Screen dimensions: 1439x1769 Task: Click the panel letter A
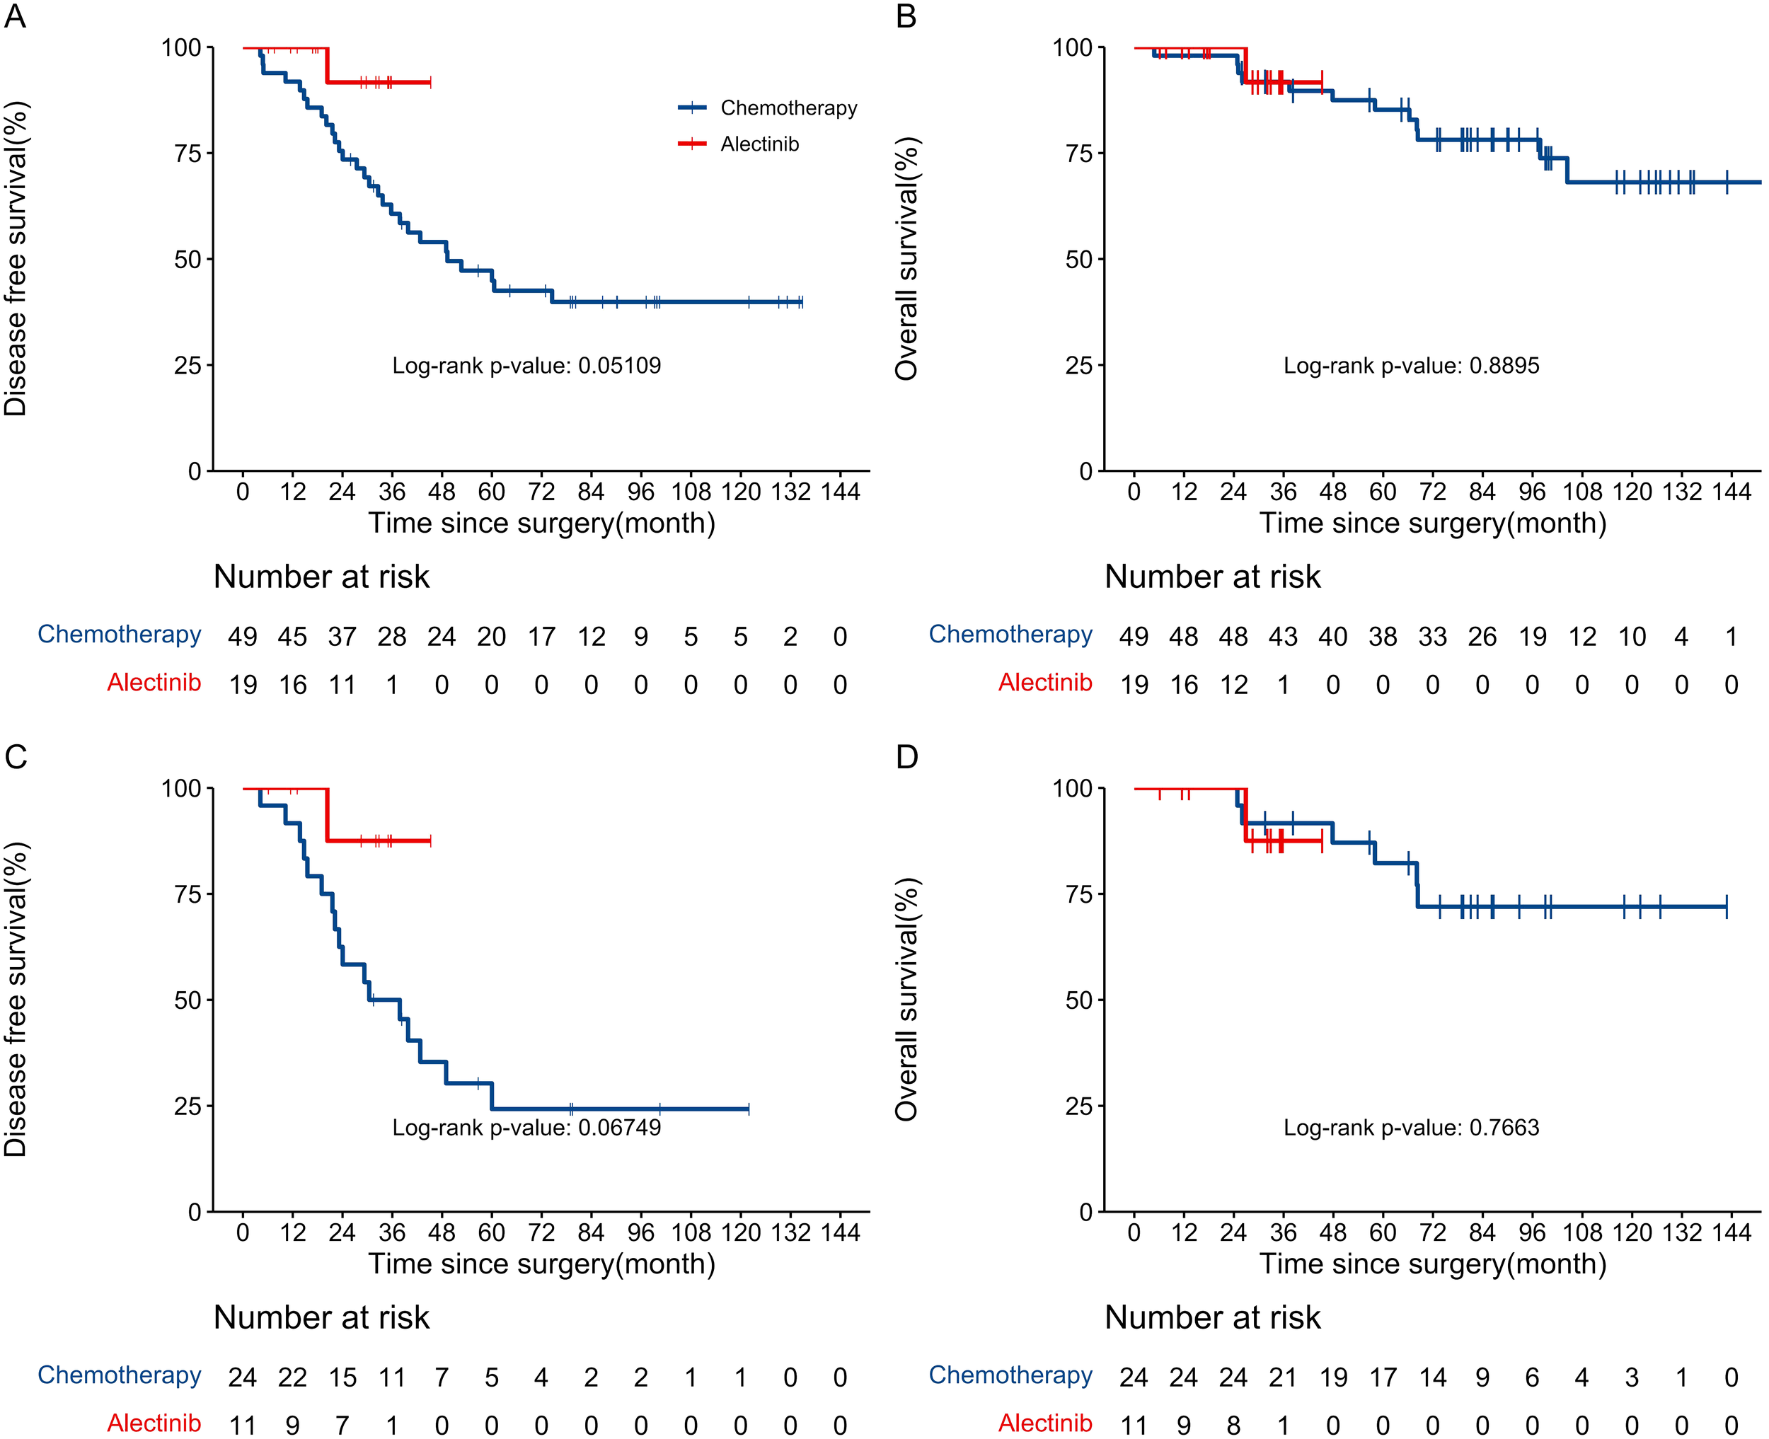point(15,16)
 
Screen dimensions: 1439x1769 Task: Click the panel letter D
point(907,757)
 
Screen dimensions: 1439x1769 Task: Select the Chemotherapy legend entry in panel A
point(788,108)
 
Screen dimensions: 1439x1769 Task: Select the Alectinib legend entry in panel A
point(759,144)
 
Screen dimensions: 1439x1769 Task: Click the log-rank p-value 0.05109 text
point(526,366)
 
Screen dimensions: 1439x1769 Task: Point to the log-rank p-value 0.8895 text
point(1411,366)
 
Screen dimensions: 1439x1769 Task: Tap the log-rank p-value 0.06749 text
point(526,1127)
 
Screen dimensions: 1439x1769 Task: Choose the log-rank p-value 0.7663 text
point(1411,1127)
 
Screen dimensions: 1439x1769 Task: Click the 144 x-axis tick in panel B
point(1731,492)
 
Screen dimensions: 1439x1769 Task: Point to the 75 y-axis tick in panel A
point(188,154)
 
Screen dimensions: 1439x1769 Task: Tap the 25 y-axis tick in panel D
point(1079,1106)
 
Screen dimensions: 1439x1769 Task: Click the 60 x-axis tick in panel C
point(492,1232)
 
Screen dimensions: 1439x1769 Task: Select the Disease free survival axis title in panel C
point(16,1000)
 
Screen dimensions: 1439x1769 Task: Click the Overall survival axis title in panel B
point(908,259)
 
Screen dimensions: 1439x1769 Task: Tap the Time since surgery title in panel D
point(1432,1264)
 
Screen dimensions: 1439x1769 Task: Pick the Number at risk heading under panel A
point(322,577)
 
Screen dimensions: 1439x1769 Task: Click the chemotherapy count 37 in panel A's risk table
point(342,637)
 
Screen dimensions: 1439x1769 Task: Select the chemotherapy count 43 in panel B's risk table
point(1283,637)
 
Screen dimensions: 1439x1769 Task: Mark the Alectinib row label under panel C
point(154,1423)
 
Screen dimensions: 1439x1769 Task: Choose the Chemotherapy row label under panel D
point(1010,1375)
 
